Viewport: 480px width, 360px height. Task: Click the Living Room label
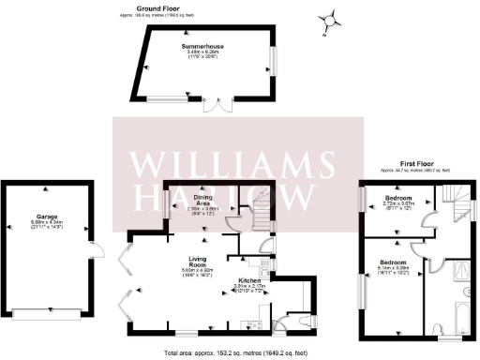pos(197,259)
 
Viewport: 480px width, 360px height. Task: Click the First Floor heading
pos(413,163)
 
